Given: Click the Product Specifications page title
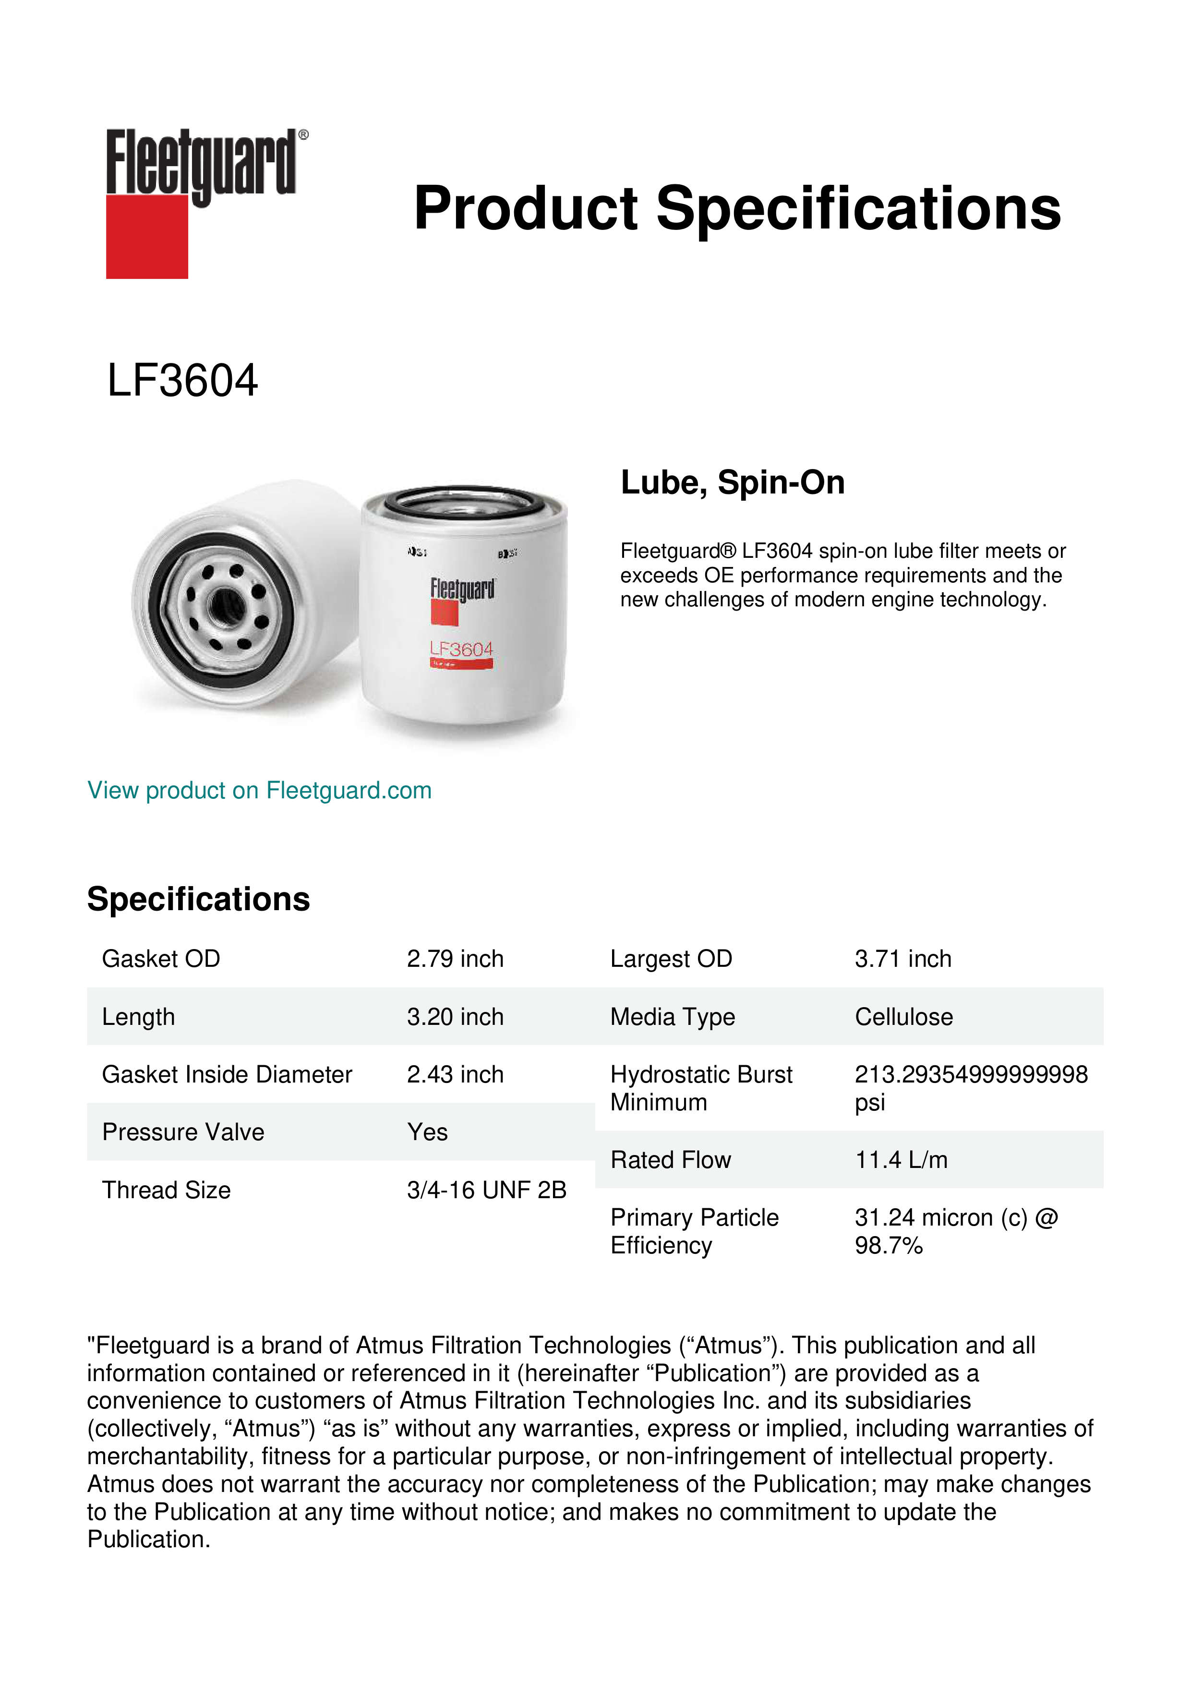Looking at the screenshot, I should pos(736,208).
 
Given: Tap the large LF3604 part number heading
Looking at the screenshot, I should pos(182,381).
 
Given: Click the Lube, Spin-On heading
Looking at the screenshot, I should pos(732,482).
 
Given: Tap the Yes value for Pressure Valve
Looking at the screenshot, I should pos(427,1132).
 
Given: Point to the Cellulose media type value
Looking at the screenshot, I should pos(903,1017).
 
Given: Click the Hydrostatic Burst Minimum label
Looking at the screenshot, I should pos(700,1088).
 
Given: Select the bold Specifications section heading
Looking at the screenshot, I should pos(198,899).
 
